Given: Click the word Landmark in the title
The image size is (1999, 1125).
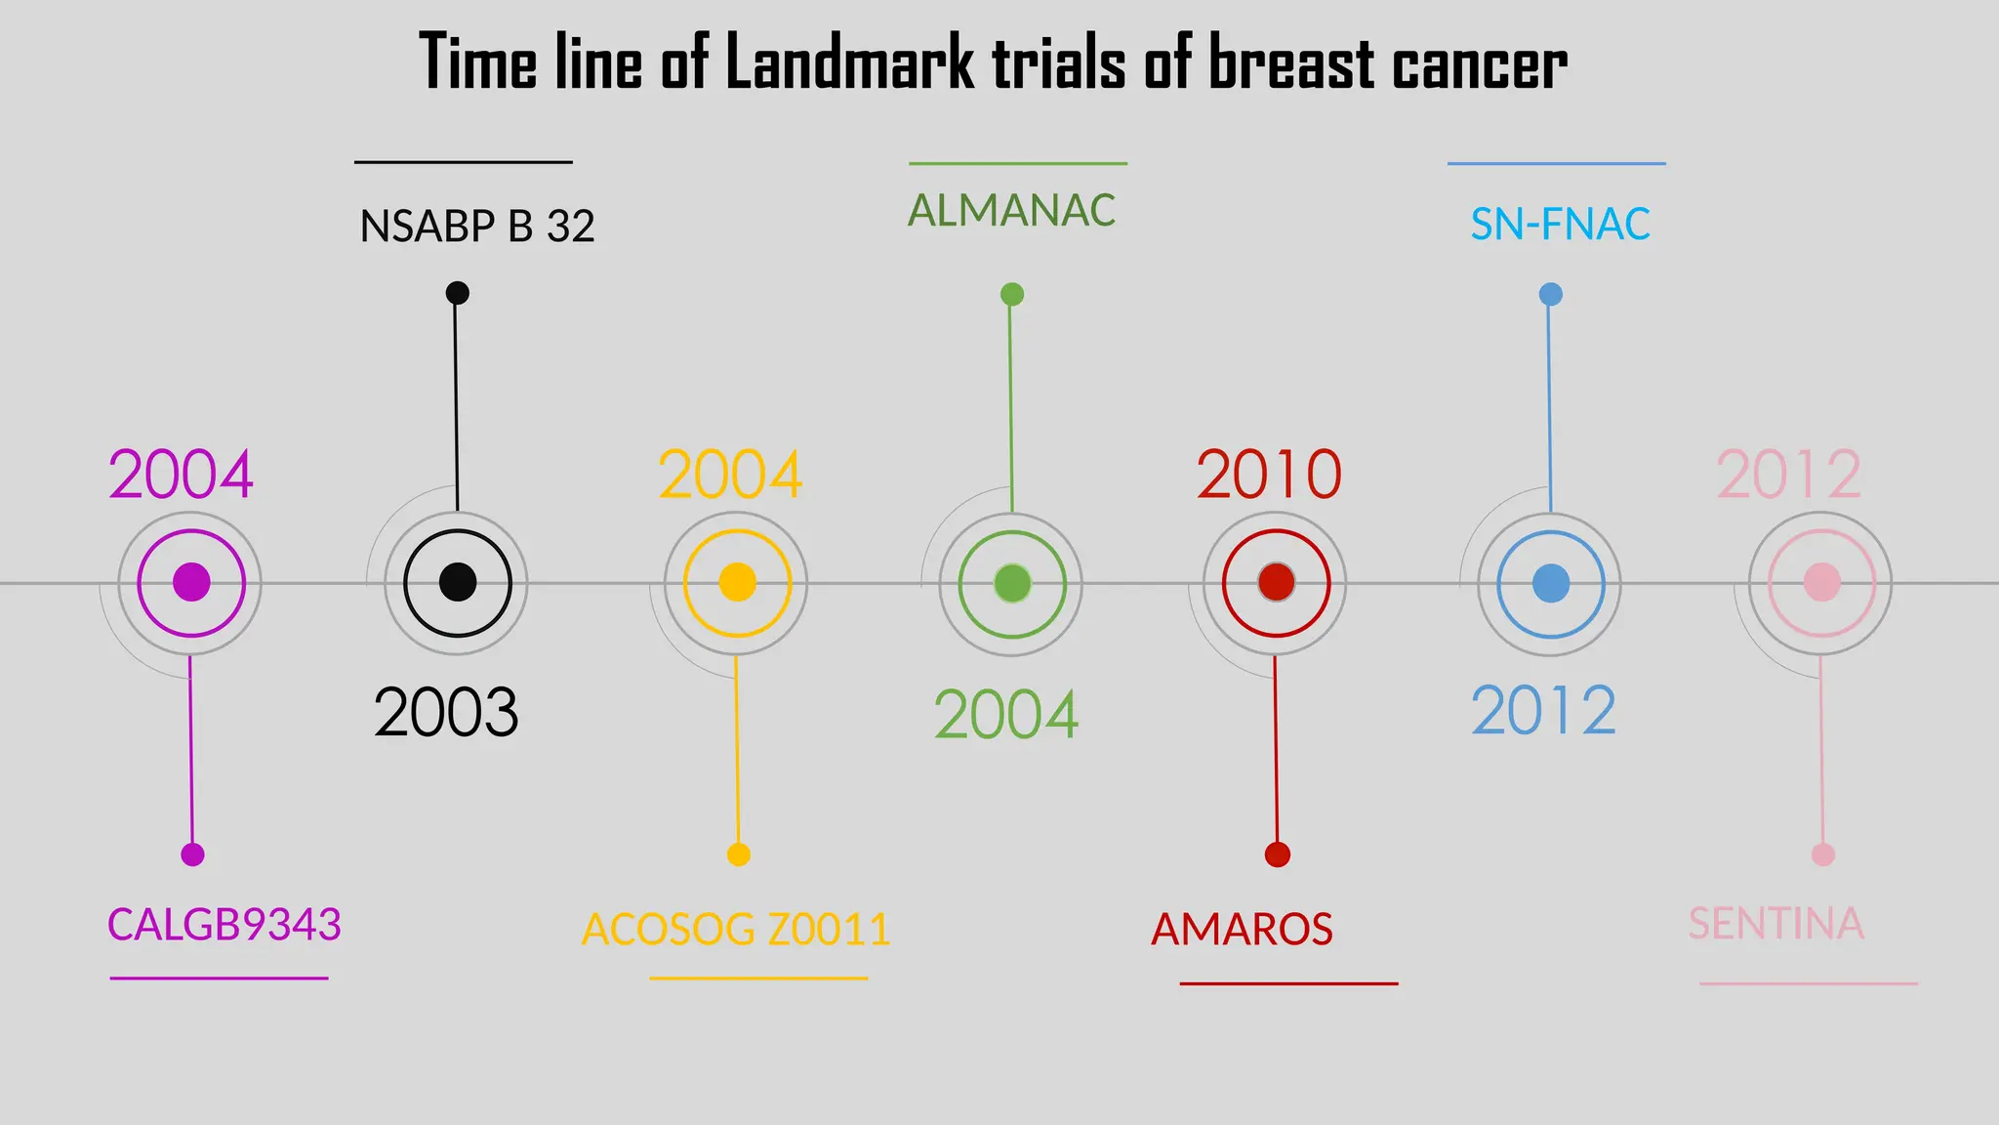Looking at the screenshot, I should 849,62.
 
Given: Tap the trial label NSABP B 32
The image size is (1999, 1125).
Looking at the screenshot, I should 477,227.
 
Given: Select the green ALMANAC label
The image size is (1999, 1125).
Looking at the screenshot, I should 1012,211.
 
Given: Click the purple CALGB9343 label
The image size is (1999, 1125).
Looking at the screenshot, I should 224,925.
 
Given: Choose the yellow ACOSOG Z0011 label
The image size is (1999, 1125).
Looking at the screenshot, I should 736,929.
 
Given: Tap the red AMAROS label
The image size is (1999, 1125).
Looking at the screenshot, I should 1242,929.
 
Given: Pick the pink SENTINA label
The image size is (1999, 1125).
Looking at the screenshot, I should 1776,924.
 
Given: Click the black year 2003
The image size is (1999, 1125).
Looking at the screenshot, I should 446,712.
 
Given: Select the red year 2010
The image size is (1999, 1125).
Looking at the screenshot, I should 1269,475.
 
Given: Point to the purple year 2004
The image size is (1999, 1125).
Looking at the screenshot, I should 181,475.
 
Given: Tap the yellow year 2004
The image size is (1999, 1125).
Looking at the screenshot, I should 730,475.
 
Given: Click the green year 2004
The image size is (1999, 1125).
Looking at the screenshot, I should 1006,715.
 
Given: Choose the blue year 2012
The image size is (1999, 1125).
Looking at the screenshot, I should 1543,711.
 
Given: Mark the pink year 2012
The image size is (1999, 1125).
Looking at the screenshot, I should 1789,475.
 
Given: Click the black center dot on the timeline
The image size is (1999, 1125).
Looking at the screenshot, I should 458,582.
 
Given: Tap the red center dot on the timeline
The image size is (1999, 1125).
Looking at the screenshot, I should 1276,582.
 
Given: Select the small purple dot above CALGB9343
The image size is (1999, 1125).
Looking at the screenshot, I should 192,854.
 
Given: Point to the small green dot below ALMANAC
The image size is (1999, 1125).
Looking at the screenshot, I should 1012,294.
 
